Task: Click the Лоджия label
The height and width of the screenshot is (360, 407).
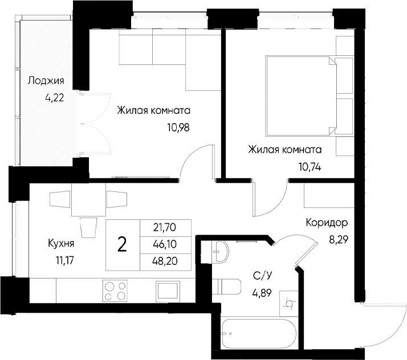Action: pyautogui.click(x=46, y=81)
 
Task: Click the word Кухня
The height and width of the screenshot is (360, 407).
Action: pyautogui.click(x=62, y=246)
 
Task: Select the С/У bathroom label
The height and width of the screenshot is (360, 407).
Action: pyautogui.click(x=262, y=277)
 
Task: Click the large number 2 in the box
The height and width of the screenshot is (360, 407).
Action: pyautogui.click(x=121, y=245)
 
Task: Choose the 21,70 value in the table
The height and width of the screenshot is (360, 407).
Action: pyautogui.click(x=165, y=227)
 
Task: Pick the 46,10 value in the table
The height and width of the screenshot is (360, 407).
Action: pyautogui.click(x=165, y=244)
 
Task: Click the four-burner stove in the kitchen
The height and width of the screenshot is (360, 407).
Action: pyautogui.click(x=115, y=291)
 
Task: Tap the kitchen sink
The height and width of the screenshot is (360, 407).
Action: pyautogui.click(x=169, y=291)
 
